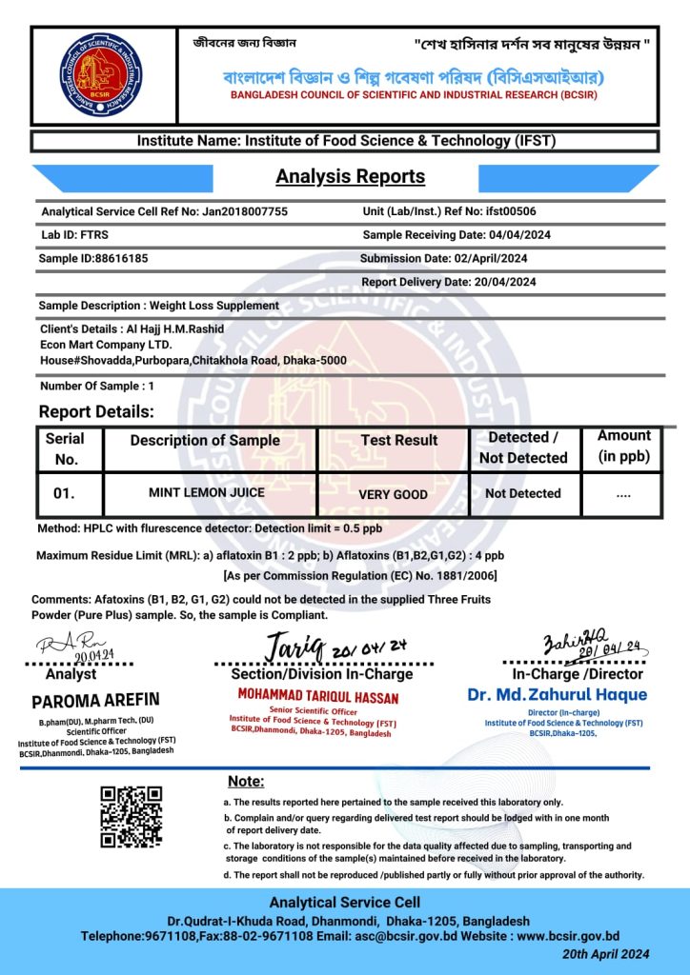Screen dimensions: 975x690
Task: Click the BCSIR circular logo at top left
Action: [100, 75]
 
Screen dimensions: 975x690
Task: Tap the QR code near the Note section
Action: [132, 816]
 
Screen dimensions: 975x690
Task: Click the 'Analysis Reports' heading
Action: [350, 176]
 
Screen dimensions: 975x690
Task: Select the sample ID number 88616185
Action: [121, 258]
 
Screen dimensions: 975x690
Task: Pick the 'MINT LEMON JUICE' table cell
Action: [207, 493]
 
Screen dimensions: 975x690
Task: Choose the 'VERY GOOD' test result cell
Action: [393, 494]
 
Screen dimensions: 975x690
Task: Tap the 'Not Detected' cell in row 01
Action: [523, 493]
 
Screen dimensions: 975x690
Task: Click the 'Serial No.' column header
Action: [65, 448]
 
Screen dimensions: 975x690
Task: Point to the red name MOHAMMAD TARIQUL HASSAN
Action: [318, 697]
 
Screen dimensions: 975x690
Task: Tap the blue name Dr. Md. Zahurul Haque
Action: [558, 694]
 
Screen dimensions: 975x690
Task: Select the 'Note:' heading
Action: [246, 782]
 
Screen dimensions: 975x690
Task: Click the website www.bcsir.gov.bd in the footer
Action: [568, 936]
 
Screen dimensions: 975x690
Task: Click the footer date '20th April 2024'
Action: [606, 954]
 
